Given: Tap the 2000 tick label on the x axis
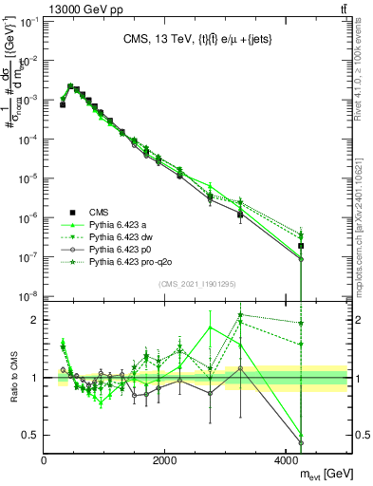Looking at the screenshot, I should coord(165,459).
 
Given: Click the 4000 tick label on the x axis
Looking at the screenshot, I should coord(287,459).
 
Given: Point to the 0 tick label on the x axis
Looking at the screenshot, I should coord(45,459).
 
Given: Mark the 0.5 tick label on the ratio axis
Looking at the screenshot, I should coord(30,435).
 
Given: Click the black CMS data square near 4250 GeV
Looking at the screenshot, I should coord(301,246).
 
